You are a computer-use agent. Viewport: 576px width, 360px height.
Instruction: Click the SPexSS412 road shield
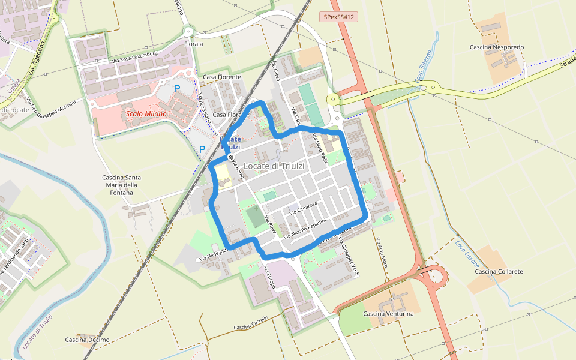coord(338,17)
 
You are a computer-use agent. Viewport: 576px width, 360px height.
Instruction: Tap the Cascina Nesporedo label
coord(497,47)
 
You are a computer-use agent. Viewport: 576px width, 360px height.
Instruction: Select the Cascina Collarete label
coord(499,272)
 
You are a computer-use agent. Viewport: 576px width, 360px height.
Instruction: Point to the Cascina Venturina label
coord(388,314)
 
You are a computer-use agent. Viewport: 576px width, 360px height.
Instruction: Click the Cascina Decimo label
coord(87,340)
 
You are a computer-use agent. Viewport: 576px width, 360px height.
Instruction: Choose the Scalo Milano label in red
coord(146,113)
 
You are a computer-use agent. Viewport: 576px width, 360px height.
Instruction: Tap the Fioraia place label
coord(194,44)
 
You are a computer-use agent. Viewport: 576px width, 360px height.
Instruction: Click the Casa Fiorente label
coord(221,77)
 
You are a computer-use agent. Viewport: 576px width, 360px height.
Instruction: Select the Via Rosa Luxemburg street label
coord(134,57)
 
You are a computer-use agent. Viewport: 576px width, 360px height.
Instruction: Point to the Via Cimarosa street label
coord(303,208)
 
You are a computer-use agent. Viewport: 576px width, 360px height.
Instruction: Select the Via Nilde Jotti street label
coord(213,254)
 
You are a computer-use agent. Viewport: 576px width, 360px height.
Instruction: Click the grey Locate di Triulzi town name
coord(274,166)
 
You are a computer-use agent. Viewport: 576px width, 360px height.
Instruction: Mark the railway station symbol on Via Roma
coord(230,157)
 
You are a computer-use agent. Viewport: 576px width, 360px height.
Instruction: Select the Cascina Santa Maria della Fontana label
coord(122,185)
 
